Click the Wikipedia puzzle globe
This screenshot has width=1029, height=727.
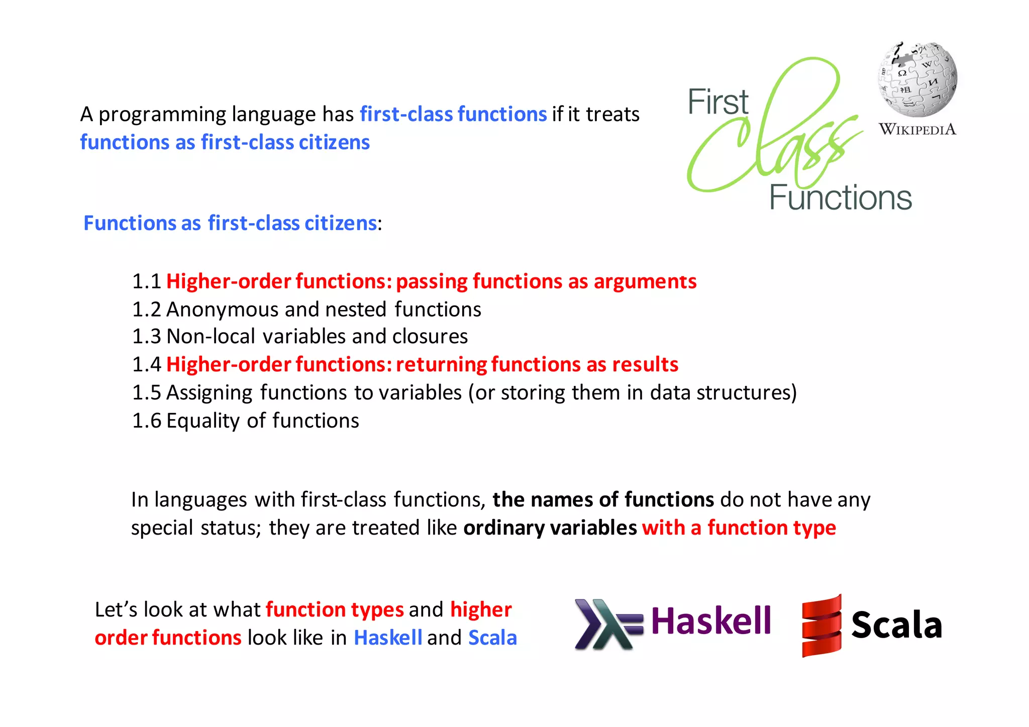point(917,79)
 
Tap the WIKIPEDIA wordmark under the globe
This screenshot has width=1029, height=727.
point(917,130)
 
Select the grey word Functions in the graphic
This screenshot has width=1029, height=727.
point(840,198)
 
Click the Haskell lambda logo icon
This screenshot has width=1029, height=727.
point(608,624)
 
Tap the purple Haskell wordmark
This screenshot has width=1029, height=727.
point(710,621)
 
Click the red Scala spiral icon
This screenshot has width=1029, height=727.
point(821,626)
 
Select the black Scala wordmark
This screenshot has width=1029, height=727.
point(896,626)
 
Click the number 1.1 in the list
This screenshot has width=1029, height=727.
point(146,282)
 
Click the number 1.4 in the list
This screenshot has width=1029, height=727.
point(146,365)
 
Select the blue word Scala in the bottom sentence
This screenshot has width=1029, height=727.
point(492,638)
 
